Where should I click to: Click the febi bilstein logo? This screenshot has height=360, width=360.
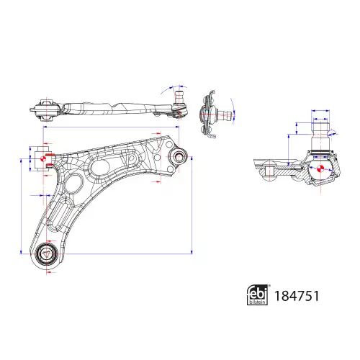coord(258,295)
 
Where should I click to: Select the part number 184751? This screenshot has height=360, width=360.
coord(297,296)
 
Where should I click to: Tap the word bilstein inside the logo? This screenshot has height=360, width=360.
coord(258,302)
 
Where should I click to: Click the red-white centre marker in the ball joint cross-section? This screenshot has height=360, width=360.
coord(320,168)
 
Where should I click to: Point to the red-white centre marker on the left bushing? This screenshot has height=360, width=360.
coord(43,158)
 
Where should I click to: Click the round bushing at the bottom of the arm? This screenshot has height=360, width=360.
coord(47,253)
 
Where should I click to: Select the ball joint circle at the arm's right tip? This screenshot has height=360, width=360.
coord(179,157)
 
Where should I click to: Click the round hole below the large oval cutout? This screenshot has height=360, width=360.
coord(73,184)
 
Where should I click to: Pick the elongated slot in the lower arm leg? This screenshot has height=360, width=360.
coord(59,214)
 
